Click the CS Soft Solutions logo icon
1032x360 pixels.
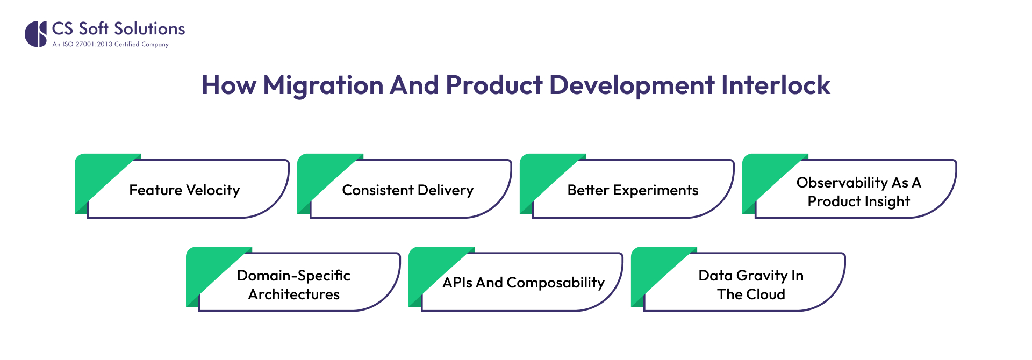coord(35,34)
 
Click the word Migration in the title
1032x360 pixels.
coord(322,85)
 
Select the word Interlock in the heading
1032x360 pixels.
coord(775,85)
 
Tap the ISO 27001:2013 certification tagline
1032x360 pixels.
coord(110,45)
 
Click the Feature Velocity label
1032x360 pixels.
coord(184,190)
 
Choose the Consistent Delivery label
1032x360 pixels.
coord(407,190)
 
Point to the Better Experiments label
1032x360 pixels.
coord(633,190)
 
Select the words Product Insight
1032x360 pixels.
coord(858,201)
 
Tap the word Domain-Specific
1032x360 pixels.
coord(293,276)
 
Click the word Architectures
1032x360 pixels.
coord(293,294)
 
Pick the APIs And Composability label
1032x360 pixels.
coord(523,283)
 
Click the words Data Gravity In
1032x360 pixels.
coord(750,276)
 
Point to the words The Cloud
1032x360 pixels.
coord(750,294)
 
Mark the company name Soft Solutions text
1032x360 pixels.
coord(132,28)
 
